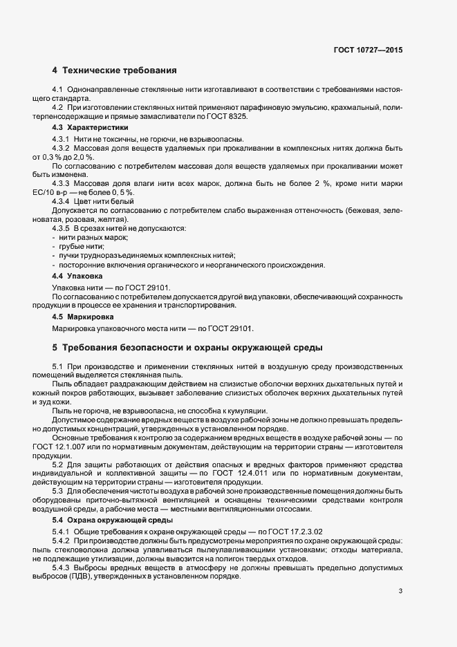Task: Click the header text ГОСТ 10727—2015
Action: coord(367,50)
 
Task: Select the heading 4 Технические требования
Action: coord(114,71)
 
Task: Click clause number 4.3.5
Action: coord(63,227)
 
